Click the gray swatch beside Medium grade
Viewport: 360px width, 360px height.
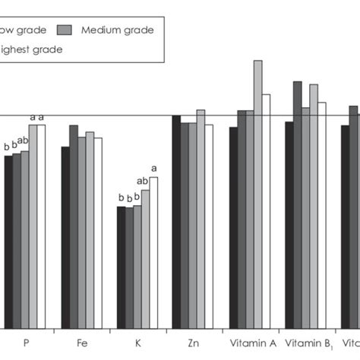(x=65, y=30)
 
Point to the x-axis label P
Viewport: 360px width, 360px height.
(x=27, y=343)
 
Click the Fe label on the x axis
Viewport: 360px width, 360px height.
(x=82, y=343)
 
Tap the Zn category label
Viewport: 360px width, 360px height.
(x=194, y=343)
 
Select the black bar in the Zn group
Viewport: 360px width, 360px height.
(x=176, y=221)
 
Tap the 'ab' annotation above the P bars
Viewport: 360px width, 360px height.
(x=23, y=141)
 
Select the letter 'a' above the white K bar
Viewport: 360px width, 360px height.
(x=154, y=169)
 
